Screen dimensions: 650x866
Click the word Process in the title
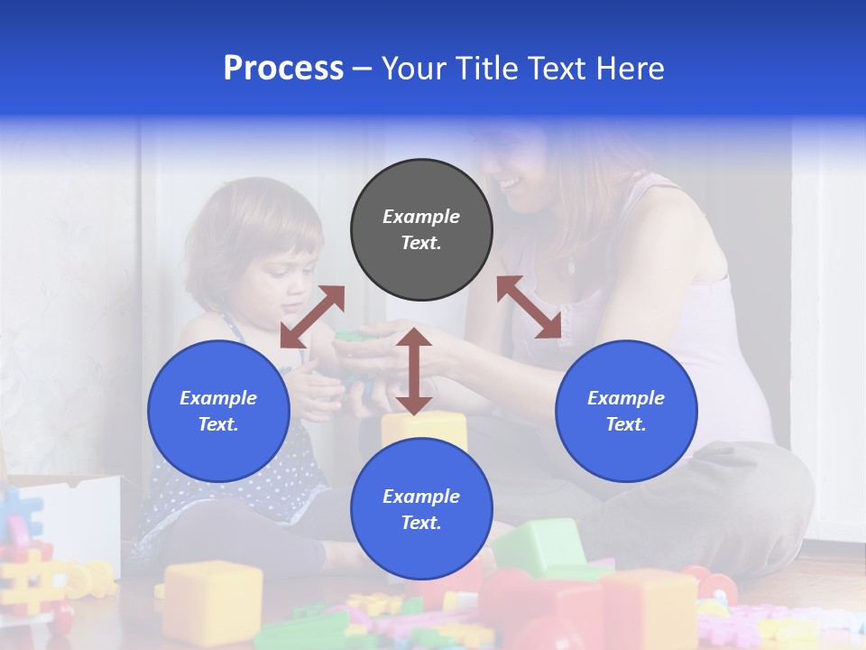coord(283,69)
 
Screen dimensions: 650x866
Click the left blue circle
coord(218,411)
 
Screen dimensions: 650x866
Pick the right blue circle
coord(626,411)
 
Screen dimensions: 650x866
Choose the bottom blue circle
coord(421,509)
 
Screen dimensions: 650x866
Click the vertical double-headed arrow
coord(414,371)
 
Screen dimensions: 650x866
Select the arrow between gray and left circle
coord(312,317)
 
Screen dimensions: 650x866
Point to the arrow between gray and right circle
coord(530,308)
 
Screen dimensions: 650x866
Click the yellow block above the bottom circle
coord(424,428)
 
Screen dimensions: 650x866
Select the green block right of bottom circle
coord(541,547)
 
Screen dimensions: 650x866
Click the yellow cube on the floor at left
coord(213,599)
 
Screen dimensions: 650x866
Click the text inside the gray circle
coord(421,229)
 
